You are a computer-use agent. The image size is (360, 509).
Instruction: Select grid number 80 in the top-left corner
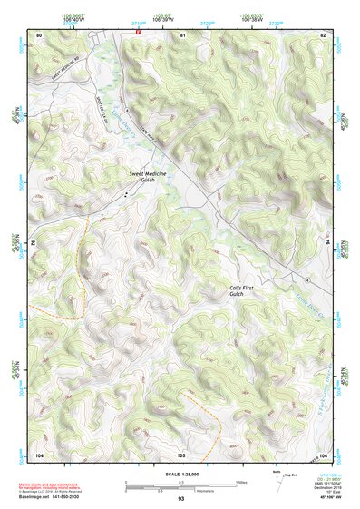point(39,35)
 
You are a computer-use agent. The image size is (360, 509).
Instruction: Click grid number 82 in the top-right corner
point(324,35)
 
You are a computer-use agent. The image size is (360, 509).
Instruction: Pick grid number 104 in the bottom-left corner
point(39,454)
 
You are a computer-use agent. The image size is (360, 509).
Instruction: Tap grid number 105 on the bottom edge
point(181,454)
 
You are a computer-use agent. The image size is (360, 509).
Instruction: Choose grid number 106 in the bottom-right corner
point(323,454)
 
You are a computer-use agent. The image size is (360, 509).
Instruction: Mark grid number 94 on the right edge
point(327,243)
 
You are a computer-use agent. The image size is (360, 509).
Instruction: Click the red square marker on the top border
point(138,30)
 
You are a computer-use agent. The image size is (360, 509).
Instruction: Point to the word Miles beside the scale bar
point(241,482)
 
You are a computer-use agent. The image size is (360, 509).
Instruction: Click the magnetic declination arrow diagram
point(277,482)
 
